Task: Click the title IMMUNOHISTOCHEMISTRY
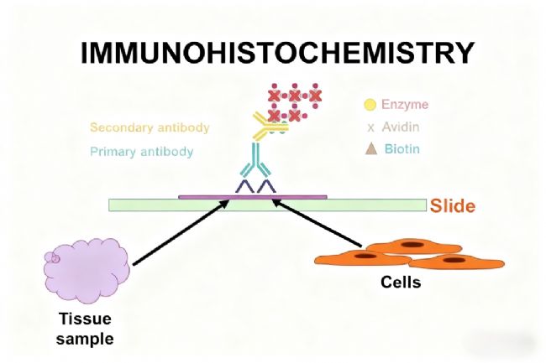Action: point(277,53)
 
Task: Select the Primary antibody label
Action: point(141,152)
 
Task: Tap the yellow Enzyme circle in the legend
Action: point(370,106)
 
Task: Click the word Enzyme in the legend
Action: point(405,105)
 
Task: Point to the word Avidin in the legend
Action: point(402,127)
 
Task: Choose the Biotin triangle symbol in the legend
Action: point(370,149)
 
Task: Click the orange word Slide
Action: point(453,205)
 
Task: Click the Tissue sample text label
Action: point(84,329)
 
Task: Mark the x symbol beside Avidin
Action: point(370,127)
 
